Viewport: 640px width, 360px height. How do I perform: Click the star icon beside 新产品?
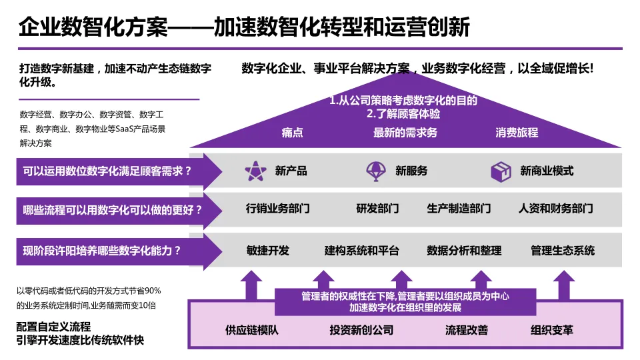pyautogui.click(x=255, y=171)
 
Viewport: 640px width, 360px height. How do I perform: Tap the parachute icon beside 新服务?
pyautogui.click(x=377, y=171)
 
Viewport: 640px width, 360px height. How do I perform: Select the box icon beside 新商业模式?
pyautogui.click(x=501, y=171)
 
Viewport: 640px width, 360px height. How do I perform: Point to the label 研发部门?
pyautogui.click(x=377, y=209)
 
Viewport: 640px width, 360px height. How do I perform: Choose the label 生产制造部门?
pyautogui.click(x=459, y=209)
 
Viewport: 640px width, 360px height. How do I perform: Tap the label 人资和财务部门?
pyautogui.click(x=555, y=209)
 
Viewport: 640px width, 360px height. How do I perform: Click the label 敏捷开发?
pyautogui.click(x=267, y=251)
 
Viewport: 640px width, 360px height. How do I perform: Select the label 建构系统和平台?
pyautogui.click(x=361, y=251)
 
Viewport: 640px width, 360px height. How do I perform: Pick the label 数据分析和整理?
pyautogui.click(x=464, y=251)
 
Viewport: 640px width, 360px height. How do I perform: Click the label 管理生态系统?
pyautogui.click(x=563, y=251)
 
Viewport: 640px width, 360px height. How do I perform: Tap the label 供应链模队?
pyautogui.click(x=251, y=330)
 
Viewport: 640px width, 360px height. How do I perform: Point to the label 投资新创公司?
pyautogui.click(x=361, y=330)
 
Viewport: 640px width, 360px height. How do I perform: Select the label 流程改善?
pyautogui.click(x=467, y=330)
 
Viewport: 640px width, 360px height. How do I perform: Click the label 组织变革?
pyautogui.click(x=552, y=330)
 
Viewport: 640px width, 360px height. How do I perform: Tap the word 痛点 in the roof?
pyautogui.click(x=292, y=133)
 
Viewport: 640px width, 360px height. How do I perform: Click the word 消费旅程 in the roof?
pyautogui.click(x=517, y=133)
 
